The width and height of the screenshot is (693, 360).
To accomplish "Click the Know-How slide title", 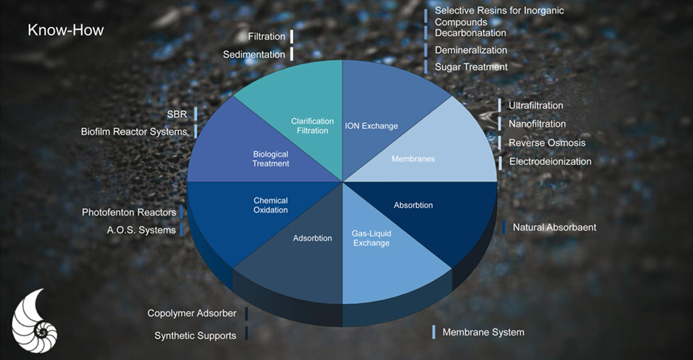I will (x=66, y=30).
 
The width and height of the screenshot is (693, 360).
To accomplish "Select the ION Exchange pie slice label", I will (x=371, y=126).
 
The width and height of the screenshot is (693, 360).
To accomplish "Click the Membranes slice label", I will (x=413, y=158).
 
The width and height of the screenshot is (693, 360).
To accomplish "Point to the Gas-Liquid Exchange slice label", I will (x=371, y=238).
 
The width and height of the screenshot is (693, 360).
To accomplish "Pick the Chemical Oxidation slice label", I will (x=271, y=205).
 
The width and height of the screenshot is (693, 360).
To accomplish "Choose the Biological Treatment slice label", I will (x=271, y=158).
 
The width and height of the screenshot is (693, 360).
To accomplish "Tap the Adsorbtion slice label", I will (x=313, y=238).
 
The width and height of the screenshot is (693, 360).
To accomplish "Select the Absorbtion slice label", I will (x=413, y=205).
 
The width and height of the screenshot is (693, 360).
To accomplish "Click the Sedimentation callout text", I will (x=254, y=54).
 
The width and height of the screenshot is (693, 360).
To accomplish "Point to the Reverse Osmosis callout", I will (x=547, y=143).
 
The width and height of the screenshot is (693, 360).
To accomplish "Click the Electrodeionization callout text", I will (x=550, y=161).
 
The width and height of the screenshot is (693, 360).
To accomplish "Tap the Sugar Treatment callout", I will (x=471, y=67).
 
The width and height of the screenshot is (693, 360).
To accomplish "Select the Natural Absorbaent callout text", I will (x=554, y=228).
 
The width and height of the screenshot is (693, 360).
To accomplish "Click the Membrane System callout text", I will (x=483, y=332).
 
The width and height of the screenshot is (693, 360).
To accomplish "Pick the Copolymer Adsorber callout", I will (x=192, y=313).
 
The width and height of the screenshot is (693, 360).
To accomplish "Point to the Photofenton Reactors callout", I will (x=129, y=212).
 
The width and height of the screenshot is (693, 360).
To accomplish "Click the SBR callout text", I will (x=176, y=114).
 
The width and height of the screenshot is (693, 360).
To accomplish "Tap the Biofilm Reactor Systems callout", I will (x=134, y=131).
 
